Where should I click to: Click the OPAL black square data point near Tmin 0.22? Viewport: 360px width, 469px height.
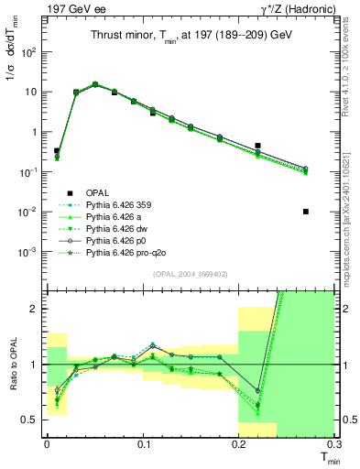click(258, 146)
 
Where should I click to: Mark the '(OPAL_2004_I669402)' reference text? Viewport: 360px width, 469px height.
click(191, 274)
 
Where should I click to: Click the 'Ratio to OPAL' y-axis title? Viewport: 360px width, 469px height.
click(11, 365)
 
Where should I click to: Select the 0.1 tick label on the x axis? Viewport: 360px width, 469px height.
click(143, 446)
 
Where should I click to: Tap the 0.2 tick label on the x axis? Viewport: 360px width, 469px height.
click(238, 446)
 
